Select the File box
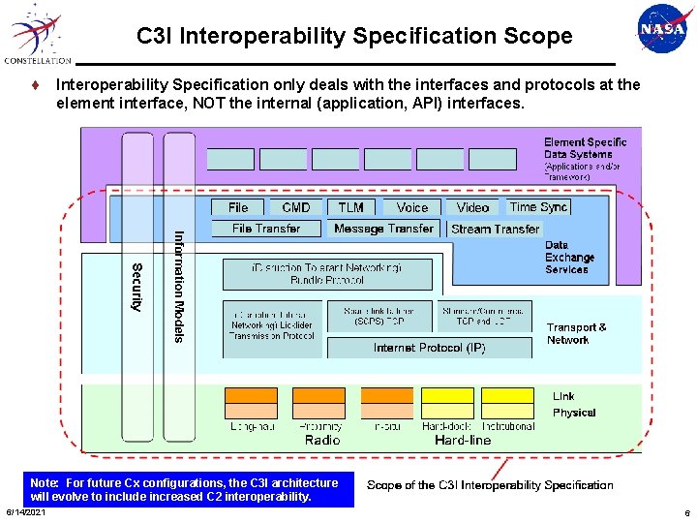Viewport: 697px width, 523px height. point(238,207)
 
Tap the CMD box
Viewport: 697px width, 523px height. point(295,207)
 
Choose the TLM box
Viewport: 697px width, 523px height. point(351,207)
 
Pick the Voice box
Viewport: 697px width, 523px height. point(411,207)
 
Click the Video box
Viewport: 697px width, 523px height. point(472,207)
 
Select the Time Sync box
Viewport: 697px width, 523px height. point(538,206)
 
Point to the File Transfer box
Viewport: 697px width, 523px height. point(266,229)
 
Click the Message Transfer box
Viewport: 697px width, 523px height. point(383,229)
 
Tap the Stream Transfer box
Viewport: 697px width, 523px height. point(495,230)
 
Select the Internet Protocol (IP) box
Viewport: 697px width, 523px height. point(429,348)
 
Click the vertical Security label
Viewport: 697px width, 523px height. point(136,287)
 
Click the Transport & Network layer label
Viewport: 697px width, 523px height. point(576,333)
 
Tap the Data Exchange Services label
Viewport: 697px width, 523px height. point(569,258)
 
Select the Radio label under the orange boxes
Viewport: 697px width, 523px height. point(322,441)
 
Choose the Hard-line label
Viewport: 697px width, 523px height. point(463,441)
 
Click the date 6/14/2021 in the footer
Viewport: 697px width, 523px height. point(25,512)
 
